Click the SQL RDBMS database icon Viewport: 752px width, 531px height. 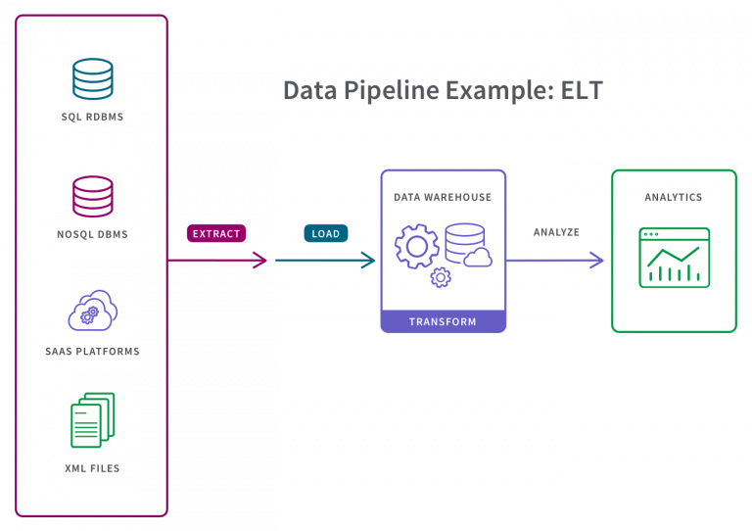[x=92, y=79]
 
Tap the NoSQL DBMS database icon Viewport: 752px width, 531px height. [x=92, y=197]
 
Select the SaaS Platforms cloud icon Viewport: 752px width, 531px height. [x=92, y=311]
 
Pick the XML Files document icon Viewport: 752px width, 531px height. [x=92, y=420]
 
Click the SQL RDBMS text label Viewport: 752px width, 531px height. [x=92, y=117]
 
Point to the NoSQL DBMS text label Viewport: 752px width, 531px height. [x=92, y=234]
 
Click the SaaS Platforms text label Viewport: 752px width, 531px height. [x=92, y=351]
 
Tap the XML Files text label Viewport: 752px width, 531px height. [x=92, y=468]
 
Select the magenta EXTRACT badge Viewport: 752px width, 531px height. [x=216, y=233]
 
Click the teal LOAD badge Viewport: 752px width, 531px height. [x=325, y=233]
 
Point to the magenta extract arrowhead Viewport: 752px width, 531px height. [x=261, y=260]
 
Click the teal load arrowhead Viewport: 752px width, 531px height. [x=369, y=260]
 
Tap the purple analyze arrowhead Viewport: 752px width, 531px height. [x=595, y=260]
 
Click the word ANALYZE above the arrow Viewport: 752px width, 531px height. [x=556, y=232]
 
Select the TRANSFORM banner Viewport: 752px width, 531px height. [x=443, y=321]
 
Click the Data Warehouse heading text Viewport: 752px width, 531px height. [x=443, y=197]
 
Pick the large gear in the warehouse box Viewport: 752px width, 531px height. [x=416, y=246]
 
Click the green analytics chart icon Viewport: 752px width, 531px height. [x=674, y=258]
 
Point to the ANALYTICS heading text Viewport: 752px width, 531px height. [x=674, y=197]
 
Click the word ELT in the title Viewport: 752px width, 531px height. [x=582, y=91]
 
